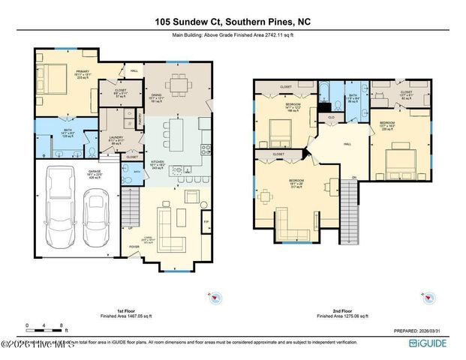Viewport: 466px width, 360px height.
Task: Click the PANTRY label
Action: pos(140,118)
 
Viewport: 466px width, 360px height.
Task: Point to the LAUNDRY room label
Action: pos(116,137)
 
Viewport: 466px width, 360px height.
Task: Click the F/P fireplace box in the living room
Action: pos(206,223)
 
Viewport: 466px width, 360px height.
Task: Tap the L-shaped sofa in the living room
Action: pos(176,229)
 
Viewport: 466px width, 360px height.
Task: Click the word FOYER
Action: pos(134,246)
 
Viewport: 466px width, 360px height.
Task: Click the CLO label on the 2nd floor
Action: pos(331,117)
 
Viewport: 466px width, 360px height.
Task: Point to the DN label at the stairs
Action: pos(354,176)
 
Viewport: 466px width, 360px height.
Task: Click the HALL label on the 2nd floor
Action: pos(347,143)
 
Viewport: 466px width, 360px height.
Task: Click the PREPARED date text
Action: pos(421,330)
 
